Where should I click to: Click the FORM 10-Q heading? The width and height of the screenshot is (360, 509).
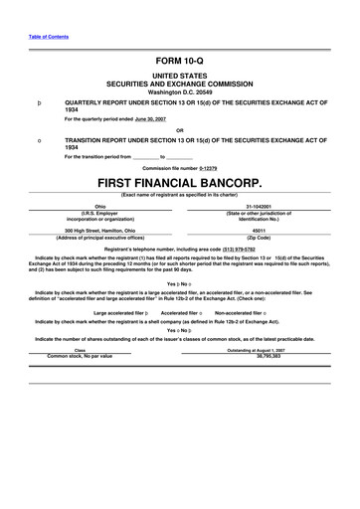(x=179, y=62)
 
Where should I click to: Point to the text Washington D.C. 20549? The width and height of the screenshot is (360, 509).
(x=179, y=91)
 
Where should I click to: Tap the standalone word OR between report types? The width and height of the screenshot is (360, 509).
(x=179, y=129)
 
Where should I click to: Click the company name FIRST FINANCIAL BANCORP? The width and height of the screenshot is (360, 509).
(x=179, y=184)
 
